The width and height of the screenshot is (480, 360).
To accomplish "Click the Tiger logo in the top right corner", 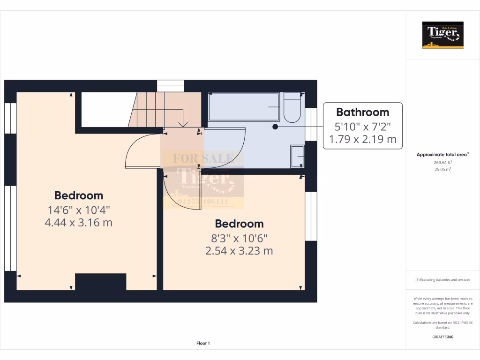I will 442,35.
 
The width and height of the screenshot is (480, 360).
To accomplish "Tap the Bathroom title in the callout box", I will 363,112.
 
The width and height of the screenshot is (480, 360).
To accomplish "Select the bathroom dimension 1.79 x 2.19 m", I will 363,139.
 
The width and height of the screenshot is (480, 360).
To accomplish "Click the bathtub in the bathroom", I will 244,107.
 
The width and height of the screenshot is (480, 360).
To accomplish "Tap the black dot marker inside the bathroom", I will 275,126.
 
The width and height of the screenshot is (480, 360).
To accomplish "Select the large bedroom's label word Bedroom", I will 78,195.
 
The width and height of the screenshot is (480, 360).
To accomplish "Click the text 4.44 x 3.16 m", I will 78,222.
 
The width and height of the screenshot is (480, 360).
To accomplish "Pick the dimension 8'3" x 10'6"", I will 239,238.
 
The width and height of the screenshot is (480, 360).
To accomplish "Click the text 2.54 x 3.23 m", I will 239,251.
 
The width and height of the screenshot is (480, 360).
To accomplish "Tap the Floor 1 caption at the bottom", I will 203,344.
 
